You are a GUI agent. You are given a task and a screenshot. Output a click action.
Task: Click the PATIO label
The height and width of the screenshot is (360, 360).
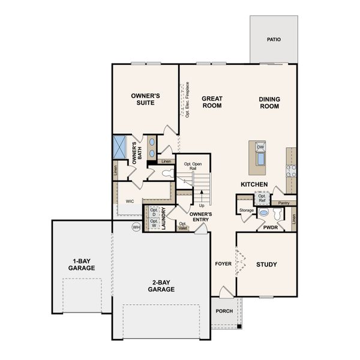click(274, 40)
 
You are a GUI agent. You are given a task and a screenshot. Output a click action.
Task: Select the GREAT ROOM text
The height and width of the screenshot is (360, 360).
click(212, 102)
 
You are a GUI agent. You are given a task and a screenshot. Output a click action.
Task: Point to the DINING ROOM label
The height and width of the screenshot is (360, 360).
click(269, 103)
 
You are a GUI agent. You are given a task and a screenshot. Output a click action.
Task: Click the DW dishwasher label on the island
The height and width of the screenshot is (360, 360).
click(260, 147)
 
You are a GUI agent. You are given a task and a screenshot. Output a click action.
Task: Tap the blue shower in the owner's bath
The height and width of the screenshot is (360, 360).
click(119, 146)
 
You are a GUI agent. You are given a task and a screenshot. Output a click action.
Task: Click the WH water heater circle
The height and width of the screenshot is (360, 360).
click(136, 227)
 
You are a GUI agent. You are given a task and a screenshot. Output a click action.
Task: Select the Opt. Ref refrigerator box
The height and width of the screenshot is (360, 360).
click(262, 198)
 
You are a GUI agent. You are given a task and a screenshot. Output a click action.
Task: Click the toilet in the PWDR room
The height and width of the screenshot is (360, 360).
click(264, 213)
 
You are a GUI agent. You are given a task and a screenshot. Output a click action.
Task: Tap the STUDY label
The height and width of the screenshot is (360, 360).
click(266, 264)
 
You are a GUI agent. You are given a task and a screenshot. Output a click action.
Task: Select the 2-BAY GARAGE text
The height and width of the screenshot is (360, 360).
click(161, 285)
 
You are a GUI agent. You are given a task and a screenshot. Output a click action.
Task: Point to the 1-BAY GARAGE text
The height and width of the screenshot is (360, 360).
click(81, 265)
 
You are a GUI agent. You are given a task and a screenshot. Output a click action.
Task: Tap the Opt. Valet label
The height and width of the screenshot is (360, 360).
click(184, 226)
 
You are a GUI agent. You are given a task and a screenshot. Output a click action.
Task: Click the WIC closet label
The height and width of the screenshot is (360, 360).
click(130, 202)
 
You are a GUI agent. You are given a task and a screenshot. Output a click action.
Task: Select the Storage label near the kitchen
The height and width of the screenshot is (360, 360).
click(246, 210)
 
